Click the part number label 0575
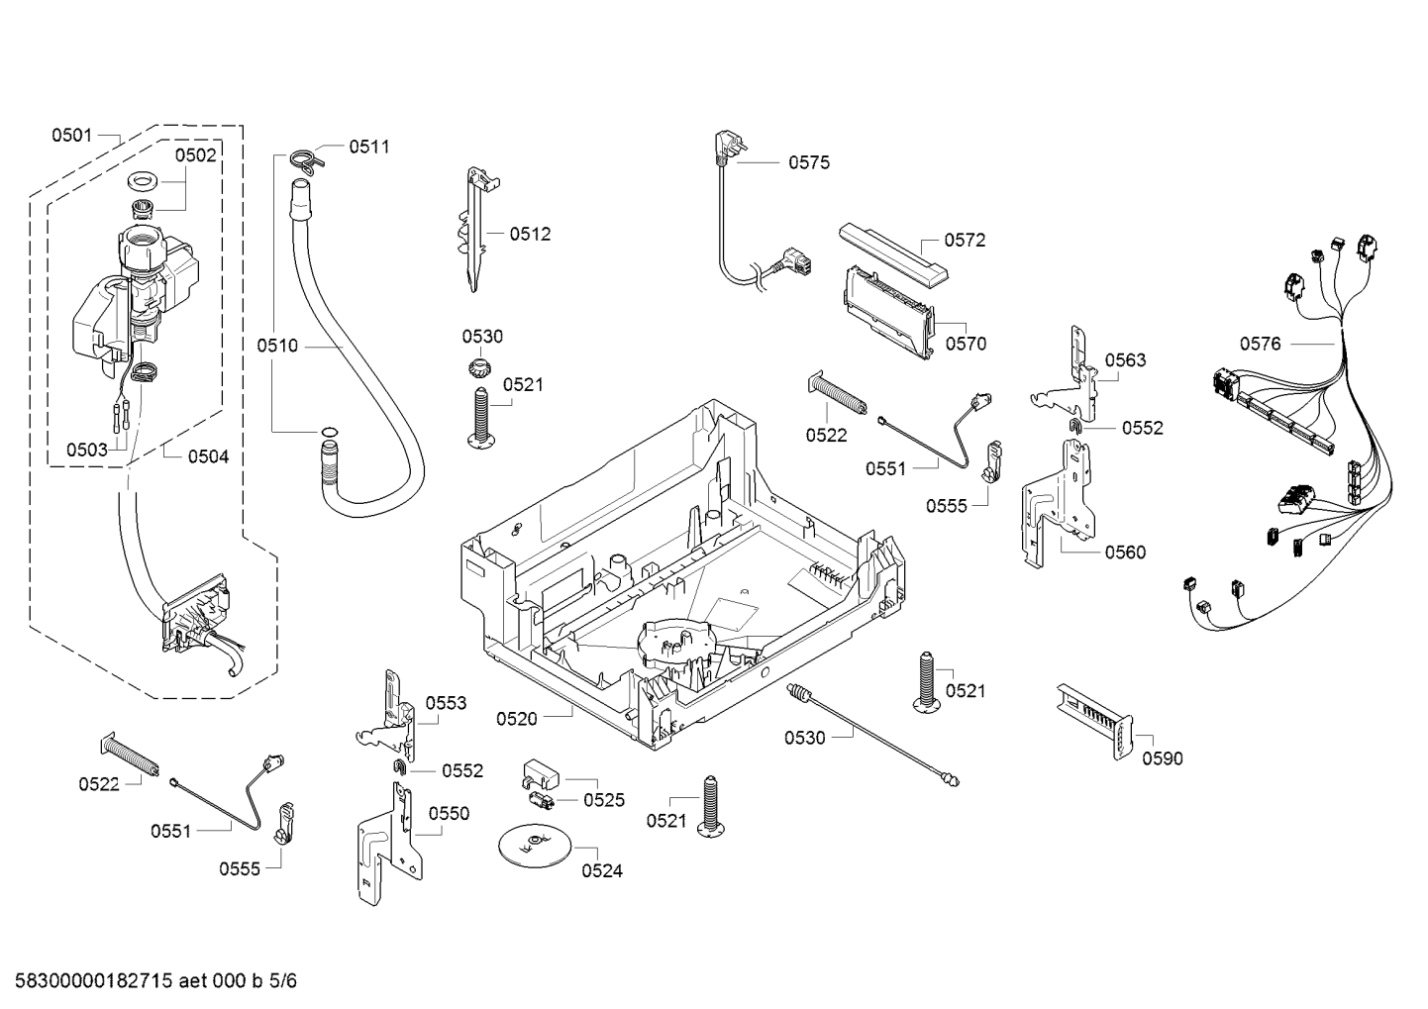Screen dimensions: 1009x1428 (808, 162)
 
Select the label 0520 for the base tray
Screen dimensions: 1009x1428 (516, 719)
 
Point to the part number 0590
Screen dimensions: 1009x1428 (1162, 758)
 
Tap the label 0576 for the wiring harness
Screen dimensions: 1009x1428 (1260, 344)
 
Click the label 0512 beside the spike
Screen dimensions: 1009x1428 (530, 235)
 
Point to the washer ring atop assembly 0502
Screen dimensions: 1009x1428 (146, 182)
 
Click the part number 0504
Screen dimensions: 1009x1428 (208, 456)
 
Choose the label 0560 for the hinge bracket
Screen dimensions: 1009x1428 (1125, 553)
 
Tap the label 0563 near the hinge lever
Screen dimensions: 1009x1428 (1125, 360)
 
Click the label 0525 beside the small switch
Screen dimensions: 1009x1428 (604, 800)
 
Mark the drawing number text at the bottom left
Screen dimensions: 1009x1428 (150, 981)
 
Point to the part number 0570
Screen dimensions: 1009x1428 (966, 345)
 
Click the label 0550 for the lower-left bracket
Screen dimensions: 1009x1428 (449, 814)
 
